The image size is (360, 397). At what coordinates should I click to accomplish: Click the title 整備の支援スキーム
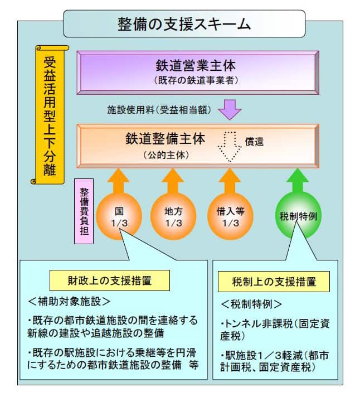[184, 25]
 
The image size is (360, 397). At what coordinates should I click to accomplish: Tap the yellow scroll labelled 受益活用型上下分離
[50, 115]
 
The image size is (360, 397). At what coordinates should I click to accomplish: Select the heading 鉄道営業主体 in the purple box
[196, 66]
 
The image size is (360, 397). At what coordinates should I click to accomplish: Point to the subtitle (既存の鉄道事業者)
[196, 81]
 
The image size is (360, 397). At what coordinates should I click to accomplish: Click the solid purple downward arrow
[230, 109]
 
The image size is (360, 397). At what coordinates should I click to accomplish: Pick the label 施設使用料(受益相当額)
[159, 110]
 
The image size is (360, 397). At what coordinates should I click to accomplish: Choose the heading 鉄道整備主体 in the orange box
[166, 139]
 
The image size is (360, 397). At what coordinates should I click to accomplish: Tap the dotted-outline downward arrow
[230, 147]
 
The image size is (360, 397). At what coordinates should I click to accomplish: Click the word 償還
[254, 142]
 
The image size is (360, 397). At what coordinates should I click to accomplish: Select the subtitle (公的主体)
[166, 155]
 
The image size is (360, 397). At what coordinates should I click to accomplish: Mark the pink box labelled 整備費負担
[84, 211]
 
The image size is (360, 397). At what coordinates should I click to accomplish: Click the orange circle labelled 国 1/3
[119, 216]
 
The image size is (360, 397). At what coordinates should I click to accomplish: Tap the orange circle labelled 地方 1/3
[173, 216]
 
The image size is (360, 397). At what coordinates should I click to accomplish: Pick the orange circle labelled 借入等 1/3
[230, 216]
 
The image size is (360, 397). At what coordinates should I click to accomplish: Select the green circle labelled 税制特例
[298, 216]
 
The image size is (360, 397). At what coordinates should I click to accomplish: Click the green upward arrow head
[298, 176]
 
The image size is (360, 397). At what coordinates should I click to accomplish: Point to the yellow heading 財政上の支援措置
[110, 280]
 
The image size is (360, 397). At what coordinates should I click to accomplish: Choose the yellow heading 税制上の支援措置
[274, 282]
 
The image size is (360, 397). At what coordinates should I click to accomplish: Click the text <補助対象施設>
[69, 302]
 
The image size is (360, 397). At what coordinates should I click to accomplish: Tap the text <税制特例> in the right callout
[251, 304]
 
